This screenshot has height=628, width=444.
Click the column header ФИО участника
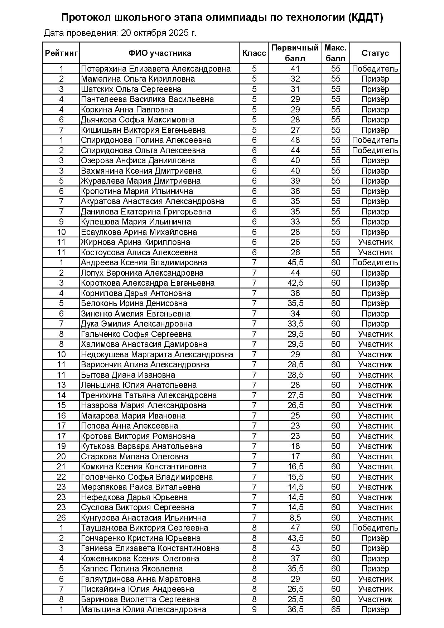(x=160, y=53)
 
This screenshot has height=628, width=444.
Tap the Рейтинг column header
(x=61, y=53)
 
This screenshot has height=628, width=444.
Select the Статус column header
(x=375, y=53)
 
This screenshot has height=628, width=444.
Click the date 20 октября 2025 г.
(x=159, y=33)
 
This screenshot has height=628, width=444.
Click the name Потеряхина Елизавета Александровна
(x=156, y=69)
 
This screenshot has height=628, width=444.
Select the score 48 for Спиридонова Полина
(x=295, y=140)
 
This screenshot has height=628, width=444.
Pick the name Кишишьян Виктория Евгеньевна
(x=143, y=130)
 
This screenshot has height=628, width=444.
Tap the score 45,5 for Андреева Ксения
(x=295, y=262)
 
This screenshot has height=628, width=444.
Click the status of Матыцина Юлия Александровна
(x=375, y=609)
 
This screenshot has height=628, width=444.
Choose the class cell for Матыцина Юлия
(x=254, y=609)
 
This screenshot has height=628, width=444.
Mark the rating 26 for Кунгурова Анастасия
(x=61, y=518)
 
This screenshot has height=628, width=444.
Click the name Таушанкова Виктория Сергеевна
(x=144, y=528)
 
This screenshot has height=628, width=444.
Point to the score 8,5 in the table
(x=295, y=518)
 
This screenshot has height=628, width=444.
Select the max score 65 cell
(x=336, y=609)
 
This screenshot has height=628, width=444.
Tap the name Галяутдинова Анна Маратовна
(x=141, y=579)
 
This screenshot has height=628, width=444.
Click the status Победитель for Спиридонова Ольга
(x=375, y=150)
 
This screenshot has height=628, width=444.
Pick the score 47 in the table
(x=295, y=528)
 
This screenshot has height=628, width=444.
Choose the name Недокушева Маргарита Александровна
(x=157, y=354)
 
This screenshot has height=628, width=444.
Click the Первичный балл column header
(x=295, y=53)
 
